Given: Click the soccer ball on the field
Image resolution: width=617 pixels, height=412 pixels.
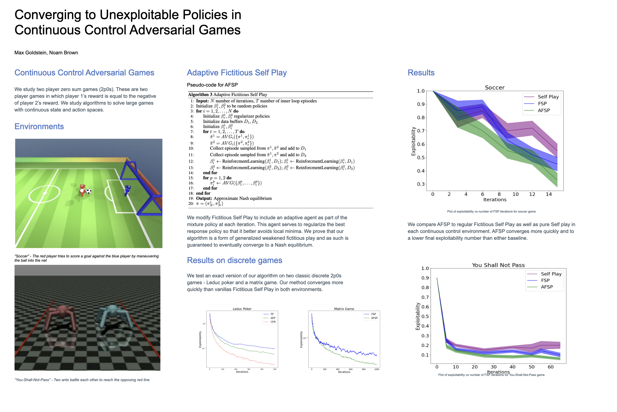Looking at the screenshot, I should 89,191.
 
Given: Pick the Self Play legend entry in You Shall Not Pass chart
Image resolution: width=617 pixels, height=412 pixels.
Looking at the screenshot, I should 551,274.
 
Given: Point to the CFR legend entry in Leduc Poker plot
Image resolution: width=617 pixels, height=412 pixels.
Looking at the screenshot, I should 273,322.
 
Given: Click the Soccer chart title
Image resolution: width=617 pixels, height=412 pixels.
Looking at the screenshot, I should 494,88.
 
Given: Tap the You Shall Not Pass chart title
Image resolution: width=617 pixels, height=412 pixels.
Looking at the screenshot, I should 498,265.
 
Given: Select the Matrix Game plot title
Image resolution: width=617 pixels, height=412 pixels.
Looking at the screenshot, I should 344,309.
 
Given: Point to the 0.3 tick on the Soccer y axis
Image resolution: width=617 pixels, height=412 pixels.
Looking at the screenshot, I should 421,184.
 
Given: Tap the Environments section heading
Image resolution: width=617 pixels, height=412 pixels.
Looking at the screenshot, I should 39,126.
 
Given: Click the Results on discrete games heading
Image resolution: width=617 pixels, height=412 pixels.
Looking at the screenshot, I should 234,260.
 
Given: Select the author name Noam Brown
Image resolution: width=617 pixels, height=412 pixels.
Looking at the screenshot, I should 64,52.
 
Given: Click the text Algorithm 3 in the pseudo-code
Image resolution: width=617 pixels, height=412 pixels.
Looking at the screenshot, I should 200,95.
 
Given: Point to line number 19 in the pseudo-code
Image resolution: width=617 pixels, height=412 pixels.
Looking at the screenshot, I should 191,198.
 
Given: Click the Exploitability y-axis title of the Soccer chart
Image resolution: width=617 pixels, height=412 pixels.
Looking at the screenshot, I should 413,141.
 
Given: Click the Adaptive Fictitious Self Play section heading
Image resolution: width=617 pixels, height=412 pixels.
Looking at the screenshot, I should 237,72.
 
